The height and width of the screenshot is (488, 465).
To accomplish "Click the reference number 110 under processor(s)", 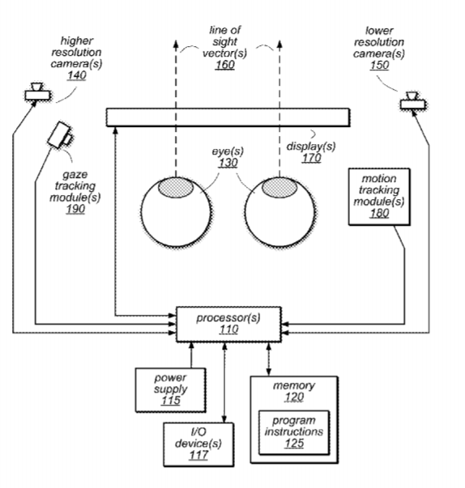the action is coord(229,329).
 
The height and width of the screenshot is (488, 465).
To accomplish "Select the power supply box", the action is coord(171,390).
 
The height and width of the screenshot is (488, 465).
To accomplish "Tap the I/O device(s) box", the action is coord(198,444).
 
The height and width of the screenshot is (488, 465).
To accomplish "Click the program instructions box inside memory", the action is coord(294,433).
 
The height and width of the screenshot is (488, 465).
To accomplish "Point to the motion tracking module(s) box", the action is coord(379,197).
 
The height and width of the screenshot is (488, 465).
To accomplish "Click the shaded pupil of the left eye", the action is coord(175,188).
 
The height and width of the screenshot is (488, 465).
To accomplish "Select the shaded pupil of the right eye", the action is coord(279,188).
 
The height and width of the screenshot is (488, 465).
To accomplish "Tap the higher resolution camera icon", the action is coord(37,91).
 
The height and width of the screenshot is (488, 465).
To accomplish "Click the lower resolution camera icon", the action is coord(413,100).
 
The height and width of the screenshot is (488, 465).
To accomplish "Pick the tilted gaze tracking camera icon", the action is coord(60,135).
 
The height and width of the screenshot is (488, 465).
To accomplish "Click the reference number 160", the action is coord(224,65).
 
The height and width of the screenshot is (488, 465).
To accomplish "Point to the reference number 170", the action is coord(311,158).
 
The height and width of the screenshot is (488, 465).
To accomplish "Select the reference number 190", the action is coord(75,209).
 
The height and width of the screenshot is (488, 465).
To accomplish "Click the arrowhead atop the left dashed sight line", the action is coord(176,44).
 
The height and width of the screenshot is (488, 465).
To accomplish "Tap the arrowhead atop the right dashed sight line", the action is coord(279,44).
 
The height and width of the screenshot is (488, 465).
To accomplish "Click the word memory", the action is coord(294,385).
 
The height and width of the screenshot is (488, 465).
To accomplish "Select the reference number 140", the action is coord(77,75).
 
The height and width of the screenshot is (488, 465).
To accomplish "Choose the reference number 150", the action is coord(379,65).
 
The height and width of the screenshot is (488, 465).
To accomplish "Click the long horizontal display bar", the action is coord(228,117).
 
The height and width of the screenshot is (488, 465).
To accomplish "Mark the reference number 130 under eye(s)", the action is coord(228,163).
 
